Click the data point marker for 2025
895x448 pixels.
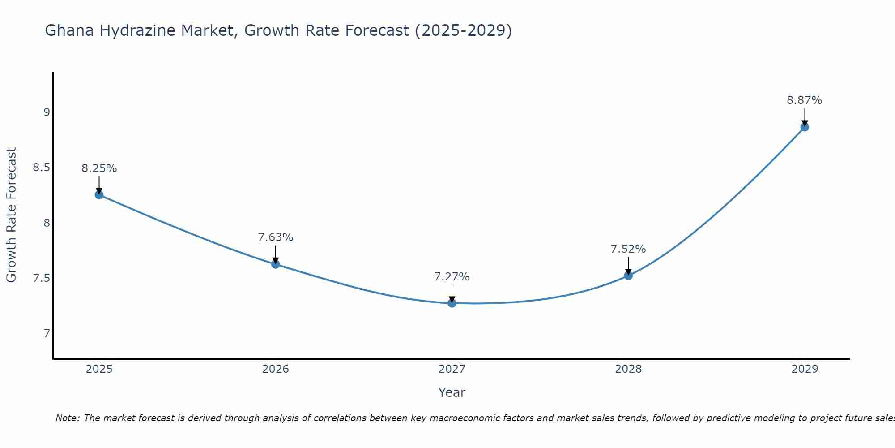(99, 194)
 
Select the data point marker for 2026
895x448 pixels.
(275, 264)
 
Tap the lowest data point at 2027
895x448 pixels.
(452, 303)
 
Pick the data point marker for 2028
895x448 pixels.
(628, 275)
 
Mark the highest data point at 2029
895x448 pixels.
(804, 127)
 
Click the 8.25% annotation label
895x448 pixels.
(99, 168)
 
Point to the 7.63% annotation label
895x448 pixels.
(275, 237)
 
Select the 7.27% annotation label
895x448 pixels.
(452, 277)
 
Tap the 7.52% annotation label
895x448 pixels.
(628, 249)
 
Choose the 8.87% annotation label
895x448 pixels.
(804, 100)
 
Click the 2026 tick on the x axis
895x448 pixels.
(275, 369)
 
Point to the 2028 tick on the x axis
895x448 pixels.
(628, 369)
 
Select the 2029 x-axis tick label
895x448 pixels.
(804, 369)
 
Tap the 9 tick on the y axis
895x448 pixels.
(47, 112)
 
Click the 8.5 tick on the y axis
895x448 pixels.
(41, 168)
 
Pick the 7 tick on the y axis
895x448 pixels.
(47, 334)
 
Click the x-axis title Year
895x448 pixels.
(452, 392)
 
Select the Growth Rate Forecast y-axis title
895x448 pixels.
(11, 215)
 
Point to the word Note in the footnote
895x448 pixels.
(67, 418)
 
